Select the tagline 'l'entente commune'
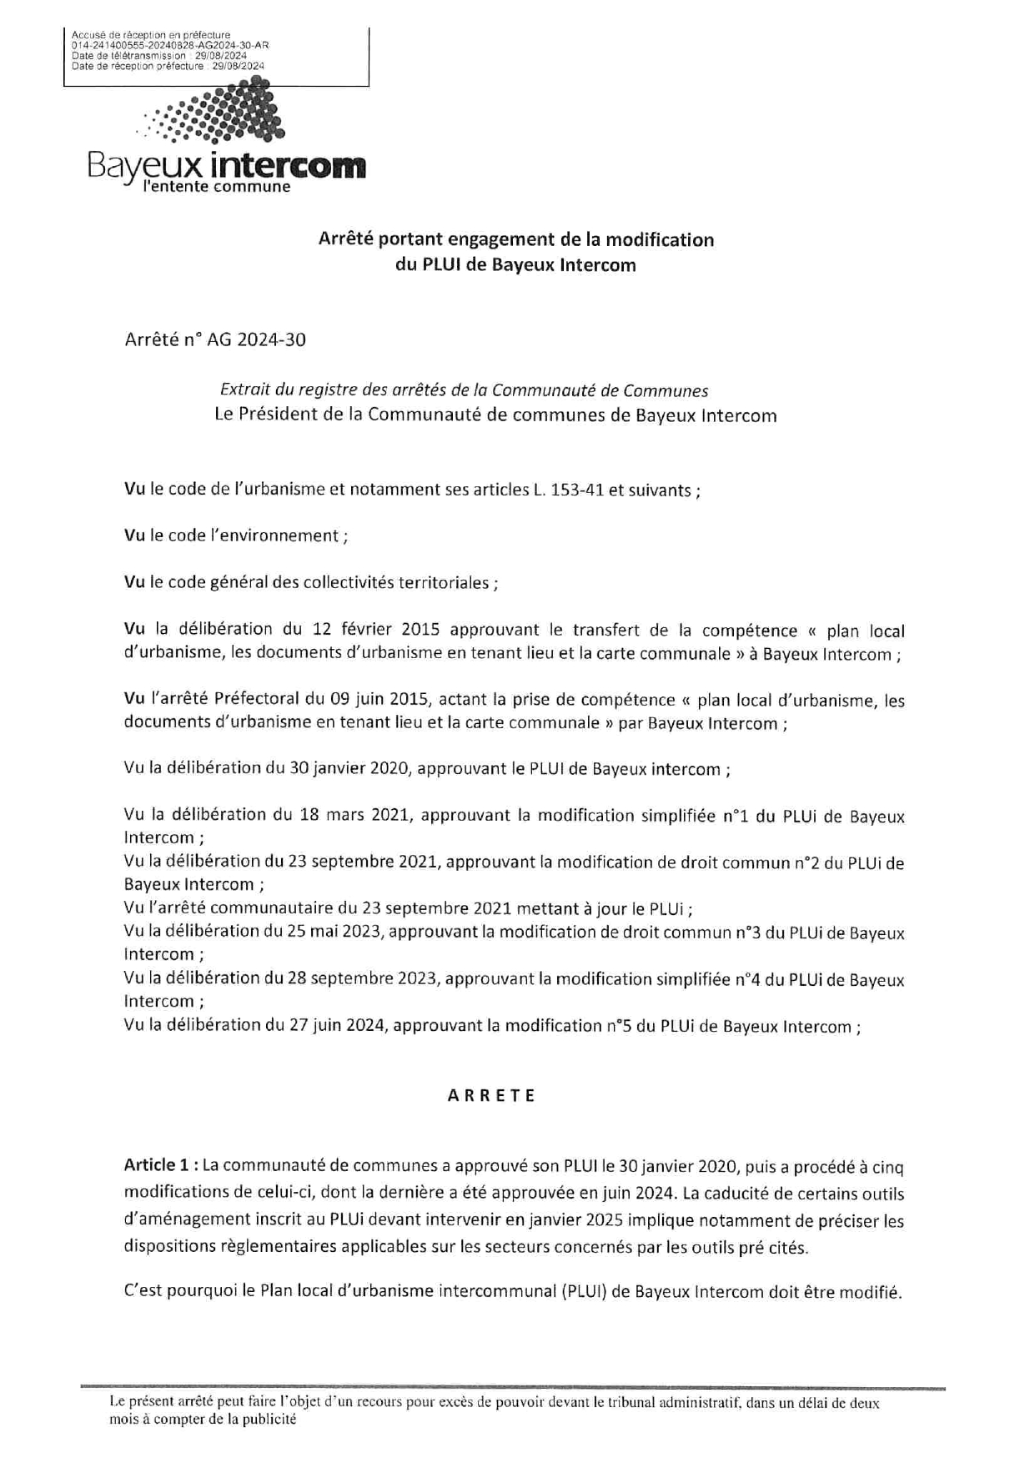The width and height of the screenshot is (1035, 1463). [217, 187]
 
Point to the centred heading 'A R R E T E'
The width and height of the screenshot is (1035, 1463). [492, 1096]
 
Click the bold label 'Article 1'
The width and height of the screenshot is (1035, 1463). [153, 1164]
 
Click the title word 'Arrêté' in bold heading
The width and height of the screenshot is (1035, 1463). [345, 240]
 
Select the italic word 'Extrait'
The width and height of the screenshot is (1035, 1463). [247, 390]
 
